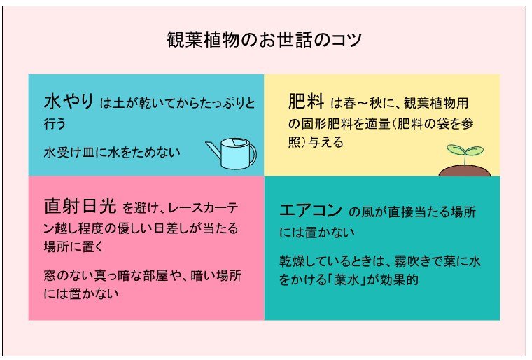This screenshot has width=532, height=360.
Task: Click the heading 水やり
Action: (x=68, y=102)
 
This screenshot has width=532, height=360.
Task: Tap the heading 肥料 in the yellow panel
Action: (x=306, y=102)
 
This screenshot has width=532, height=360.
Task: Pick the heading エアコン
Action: (x=310, y=209)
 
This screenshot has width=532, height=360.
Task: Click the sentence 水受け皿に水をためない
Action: (x=112, y=151)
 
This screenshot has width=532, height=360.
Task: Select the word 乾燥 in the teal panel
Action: (x=293, y=261)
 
